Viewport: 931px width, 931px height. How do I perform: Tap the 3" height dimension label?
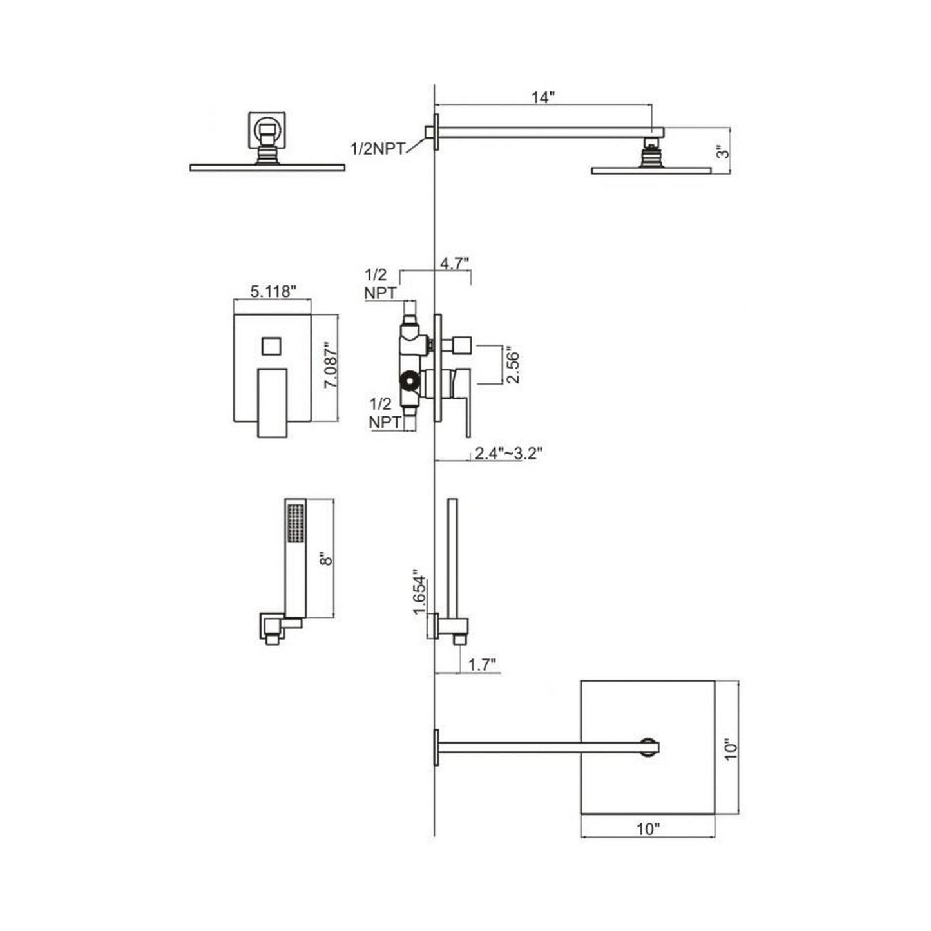[x=722, y=153]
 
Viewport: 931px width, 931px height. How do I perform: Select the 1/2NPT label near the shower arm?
[x=378, y=148]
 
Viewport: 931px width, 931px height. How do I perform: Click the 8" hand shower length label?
[x=327, y=560]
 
